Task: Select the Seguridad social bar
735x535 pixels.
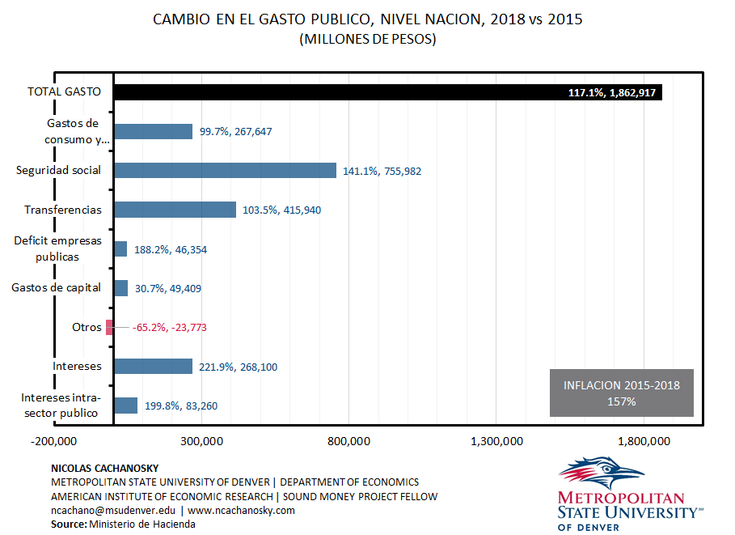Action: click(x=225, y=170)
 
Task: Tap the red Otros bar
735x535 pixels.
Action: click(x=109, y=327)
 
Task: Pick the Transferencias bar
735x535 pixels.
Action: click(x=175, y=210)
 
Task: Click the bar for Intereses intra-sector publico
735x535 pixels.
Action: click(x=125, y=405)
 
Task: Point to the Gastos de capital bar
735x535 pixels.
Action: click(x=120, y=288)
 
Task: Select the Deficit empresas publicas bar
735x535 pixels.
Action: click(x=120, y=249)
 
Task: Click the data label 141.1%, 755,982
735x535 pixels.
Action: click(x=382, y=172)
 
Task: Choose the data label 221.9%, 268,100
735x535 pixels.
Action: click(x=239, y=367)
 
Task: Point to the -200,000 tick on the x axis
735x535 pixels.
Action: click(x=54, y=441)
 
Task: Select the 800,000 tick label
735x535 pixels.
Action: click(x=348, y=441)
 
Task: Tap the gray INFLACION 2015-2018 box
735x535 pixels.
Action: click(x=621, y=393)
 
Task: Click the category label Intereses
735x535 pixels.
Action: click(x=77, y=367)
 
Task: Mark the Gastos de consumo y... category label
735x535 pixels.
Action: click(x=78, y=131)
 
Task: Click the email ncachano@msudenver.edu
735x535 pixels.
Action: click(x=112, y=511)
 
